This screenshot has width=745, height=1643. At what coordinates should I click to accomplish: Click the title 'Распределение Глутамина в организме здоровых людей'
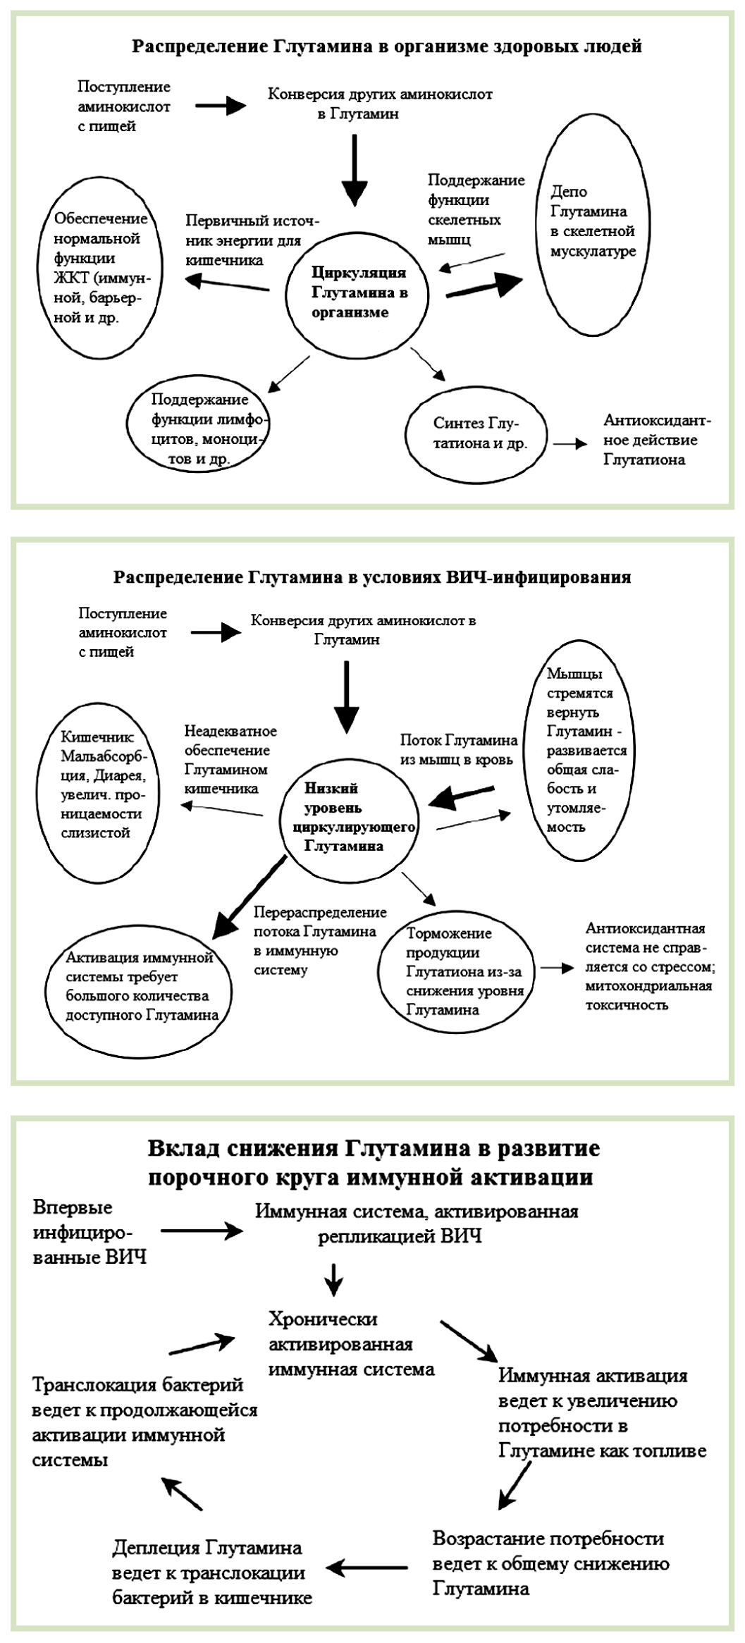point(387,47)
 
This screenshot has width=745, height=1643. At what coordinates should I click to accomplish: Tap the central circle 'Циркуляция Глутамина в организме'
point(358,293)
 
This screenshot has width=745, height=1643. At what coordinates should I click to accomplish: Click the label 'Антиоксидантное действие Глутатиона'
point(656,440)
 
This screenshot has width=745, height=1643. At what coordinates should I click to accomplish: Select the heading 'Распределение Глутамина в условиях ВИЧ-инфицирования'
point(372,578)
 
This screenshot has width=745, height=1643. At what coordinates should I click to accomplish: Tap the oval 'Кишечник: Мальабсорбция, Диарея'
point(100,784)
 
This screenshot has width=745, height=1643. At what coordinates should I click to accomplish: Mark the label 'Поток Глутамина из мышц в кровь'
point(459,749)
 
